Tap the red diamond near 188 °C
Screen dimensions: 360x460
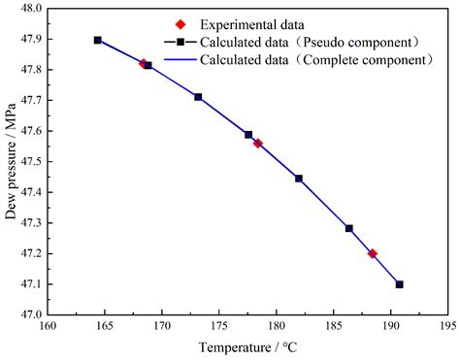click(x=373, y=253)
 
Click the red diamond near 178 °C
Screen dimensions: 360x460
click(x=258, y=144)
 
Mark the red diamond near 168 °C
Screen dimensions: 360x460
click(x=144, y=64)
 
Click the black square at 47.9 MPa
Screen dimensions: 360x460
click(x=98, y=40)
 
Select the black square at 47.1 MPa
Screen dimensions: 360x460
click(x=400, y=284)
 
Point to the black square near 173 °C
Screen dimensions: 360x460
click(x=198, y=97)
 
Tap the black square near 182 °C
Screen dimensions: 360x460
click(x=299, y=179)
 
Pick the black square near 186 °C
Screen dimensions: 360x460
click(x=349, y=228)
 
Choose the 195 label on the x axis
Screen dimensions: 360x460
click(x=447, y=327)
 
